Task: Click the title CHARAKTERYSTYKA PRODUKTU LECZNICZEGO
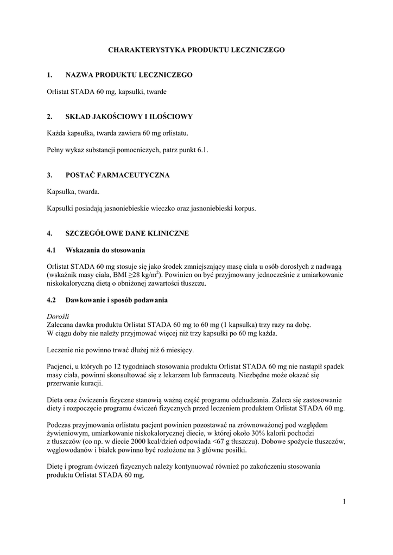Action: (x=196, y=49)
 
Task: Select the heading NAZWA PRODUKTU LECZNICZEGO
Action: (x=129, y=74)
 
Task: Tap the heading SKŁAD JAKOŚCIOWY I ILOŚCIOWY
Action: (x=129, y=116)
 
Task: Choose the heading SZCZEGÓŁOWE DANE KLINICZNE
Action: (x=127, y=233)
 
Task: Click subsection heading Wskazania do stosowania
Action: (x=105, y=250)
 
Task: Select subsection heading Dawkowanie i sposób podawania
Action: (x=117, y=300)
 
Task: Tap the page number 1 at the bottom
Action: (x=344, y=501)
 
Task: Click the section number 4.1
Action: (x=52, y=250)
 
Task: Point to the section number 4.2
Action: (x=52, y=300)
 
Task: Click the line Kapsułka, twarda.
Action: (x=73, y=192)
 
